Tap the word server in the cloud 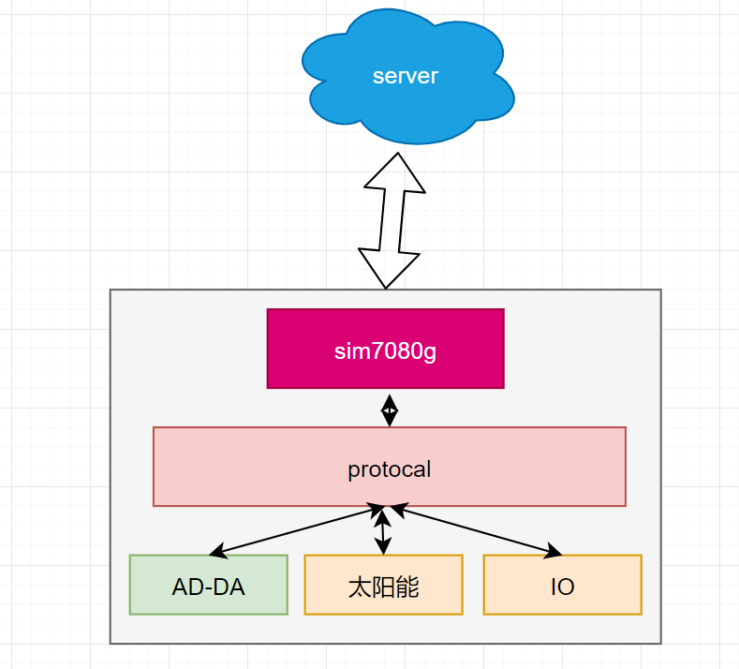coord(405,77)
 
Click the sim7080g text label coord(385,352)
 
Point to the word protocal coord(390,468)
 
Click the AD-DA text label coord(208,587)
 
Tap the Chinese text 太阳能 coord(383,587)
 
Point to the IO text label coord(562,587)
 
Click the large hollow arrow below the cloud coord(392,220)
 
